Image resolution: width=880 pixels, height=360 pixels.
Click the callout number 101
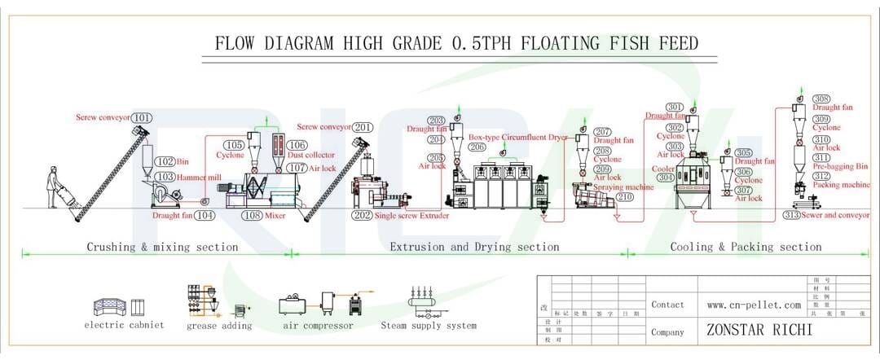pos(143,118)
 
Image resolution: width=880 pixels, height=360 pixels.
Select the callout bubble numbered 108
pos(253,216)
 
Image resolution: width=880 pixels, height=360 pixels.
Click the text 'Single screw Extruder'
pos(414,216)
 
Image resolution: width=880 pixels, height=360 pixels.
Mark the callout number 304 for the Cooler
pos(666,177)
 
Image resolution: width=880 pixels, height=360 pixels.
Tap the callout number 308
pos(821,99)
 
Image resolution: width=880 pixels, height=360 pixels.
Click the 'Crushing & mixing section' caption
pos(163,247)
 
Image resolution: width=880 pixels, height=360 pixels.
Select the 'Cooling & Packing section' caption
pos(746,247)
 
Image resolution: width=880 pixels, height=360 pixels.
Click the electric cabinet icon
pos(120,306)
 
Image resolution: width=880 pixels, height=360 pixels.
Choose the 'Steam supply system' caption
pos(429,326)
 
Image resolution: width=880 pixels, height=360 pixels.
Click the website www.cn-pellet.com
pos(754,305)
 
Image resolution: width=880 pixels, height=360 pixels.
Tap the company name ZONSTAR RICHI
pos(759,331)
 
